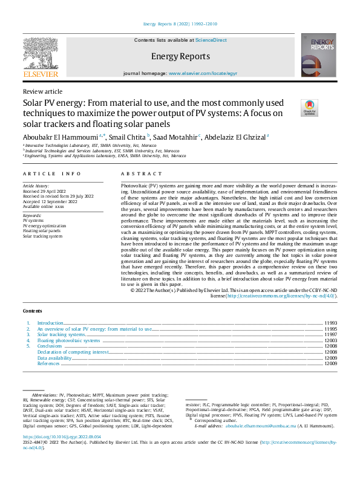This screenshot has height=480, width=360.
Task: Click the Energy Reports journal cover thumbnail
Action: (318, 56)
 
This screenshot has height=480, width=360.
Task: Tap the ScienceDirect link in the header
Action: (211, 40)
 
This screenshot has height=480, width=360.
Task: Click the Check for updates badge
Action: (309, 108)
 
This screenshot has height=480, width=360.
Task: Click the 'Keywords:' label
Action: (32, 216)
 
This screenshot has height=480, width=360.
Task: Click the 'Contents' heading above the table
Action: (33, 311)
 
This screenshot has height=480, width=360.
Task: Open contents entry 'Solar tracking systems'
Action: (61, 334)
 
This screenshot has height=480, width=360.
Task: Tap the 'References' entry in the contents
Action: (48, 363)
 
